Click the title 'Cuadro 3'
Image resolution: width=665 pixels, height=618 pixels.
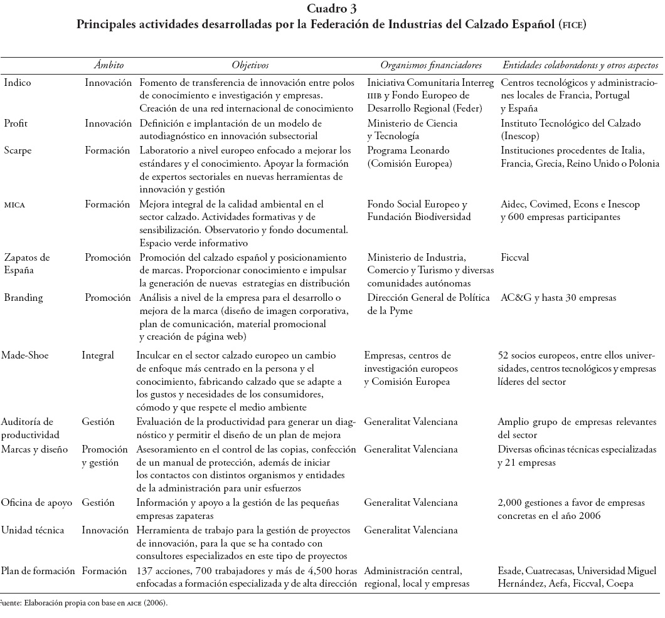pyautogui.click(x=332, y=8)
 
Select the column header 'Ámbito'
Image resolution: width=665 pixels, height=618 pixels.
pyautogui.click(x=109, y=65)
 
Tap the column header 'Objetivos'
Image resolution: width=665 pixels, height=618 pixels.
pyautogui.click(x=250, y=65)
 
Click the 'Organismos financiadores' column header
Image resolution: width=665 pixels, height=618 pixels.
pyautogui.click(x=431, y=65)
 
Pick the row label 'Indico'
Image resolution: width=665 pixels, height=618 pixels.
pyautogui.click(x=17, y=83)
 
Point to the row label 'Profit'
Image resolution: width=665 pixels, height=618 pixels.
pyautogui.click(x=16, y=123)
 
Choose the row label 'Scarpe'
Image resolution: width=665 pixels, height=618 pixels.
pyautogui.click(x=18, y=150)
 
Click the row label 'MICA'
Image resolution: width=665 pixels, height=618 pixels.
pyautogui.click(x=16, y=204)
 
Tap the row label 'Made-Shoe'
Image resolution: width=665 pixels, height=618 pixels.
pyautogui.click(x=25, y=355)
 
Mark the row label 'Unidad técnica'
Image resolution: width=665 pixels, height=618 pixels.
pyautogui.click(x=33, y=530)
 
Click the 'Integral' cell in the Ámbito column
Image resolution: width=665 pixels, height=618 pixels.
pyautogui.click(x=98, y=355)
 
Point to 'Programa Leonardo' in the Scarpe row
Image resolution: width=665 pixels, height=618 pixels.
pyautogui.click(x=407, y=150)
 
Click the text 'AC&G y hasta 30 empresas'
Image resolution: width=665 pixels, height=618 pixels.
pyautogui.click(x=558, y=298)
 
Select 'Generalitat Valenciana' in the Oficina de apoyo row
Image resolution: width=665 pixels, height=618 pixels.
pyautogui.click(x=410, y=503)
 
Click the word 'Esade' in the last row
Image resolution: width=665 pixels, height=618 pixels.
pyautogui.click(x=510, y=571)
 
